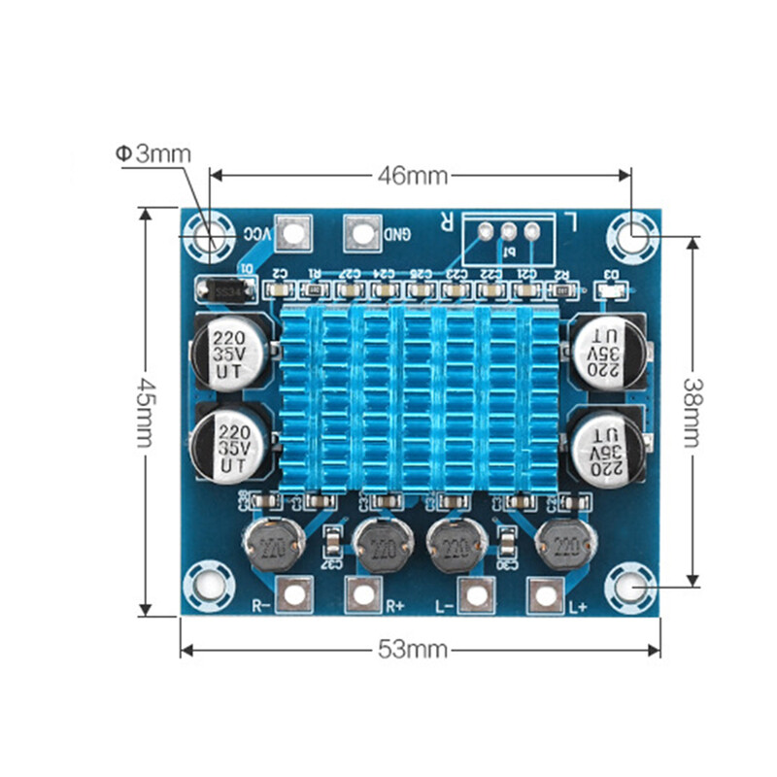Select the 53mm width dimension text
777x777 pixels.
pyautogui.click(x=413, y=649)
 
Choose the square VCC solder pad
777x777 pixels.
pyautogui.click(x=292, y=232)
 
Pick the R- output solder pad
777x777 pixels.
pyautogui.click(x=294, y=593)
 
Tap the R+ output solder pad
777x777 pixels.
pyautogui.click(x=362, y=593)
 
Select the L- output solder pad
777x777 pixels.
pyautogui.click(x=475, y=594)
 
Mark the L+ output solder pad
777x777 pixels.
pyautogui.click(x=544, y=593)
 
